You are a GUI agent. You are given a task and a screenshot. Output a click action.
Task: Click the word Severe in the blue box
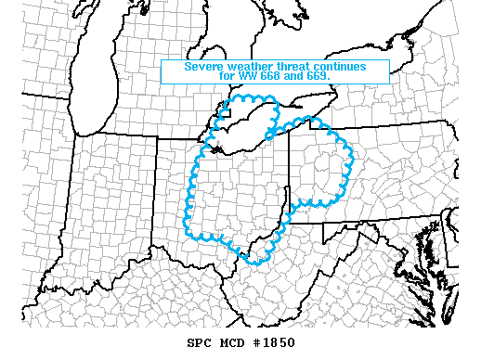[203, 66]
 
